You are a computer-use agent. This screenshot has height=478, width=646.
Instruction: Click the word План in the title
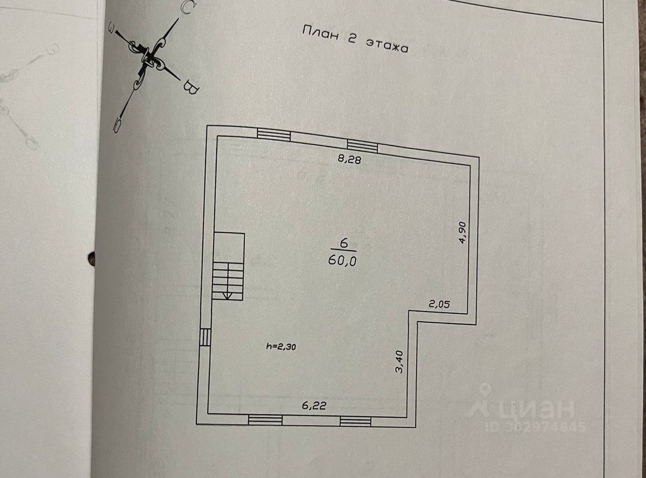tap(321, 34)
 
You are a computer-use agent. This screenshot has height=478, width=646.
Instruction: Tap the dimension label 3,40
tap(399, 361)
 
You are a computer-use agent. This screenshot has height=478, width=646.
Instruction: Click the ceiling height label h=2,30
tap(281, 347)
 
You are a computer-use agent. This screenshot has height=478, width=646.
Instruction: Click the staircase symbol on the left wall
tap(228, 266)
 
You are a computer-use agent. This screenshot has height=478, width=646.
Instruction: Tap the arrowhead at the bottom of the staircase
tap(227, 295)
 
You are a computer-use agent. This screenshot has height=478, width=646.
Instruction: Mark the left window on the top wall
tap(273, 134)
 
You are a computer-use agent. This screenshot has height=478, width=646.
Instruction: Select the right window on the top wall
tap(362, 144)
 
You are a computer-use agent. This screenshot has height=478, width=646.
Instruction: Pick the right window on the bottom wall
tap(356, 420)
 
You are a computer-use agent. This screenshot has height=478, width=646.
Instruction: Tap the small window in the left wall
tap(205, 337)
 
